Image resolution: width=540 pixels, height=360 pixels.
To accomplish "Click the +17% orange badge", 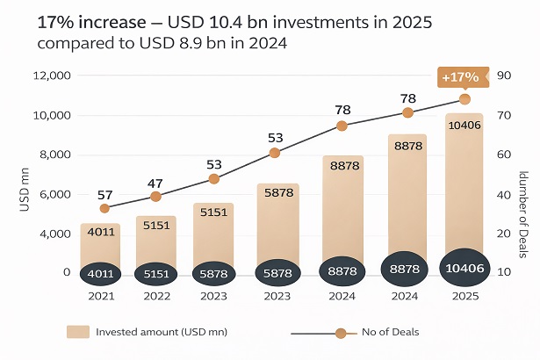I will (460, 77).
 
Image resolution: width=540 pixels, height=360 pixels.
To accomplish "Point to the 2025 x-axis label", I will (464, 297).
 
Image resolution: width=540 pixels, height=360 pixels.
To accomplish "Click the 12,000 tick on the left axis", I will (52, 76).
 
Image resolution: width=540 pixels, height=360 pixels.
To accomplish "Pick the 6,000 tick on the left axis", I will (54, 194).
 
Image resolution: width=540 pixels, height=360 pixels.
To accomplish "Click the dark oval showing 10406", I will (464, 269).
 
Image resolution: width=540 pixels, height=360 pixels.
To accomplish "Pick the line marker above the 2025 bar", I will (464, 99).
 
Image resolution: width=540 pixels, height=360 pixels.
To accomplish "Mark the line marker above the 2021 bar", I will (105, 208).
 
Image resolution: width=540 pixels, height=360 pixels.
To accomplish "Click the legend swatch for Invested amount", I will (78, 332).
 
